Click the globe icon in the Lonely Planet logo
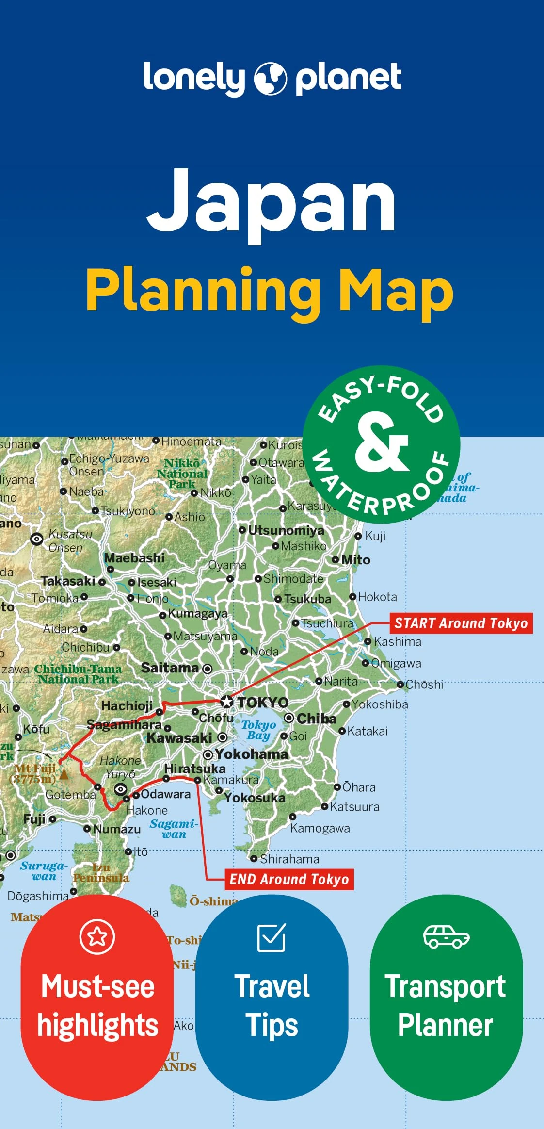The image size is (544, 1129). click(x=271, y=79)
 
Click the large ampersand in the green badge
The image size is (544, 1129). click(x=382, y=442)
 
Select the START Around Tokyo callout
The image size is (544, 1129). click(x=461, y=623)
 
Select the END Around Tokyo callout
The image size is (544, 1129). click(x=289, y=880)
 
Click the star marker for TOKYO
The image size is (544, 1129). click(x=226, y=702)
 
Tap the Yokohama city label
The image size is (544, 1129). click(x=251, y=754)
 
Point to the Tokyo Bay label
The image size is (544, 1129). click(x=258, y=730)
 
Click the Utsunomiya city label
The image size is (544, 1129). click(x=286, y=530)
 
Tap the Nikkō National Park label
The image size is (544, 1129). click(x=182, y=473)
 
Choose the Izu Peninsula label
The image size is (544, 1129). click(x=101, y=873)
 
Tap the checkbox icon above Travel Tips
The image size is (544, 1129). click(x=272, y=937)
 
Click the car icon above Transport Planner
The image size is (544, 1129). click(x=446, y=936)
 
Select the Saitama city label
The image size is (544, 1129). click(x=170, y=668)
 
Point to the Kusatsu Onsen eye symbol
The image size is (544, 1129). click(x=37, y=539)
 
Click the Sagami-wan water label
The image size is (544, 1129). click(x=174, y=829)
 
